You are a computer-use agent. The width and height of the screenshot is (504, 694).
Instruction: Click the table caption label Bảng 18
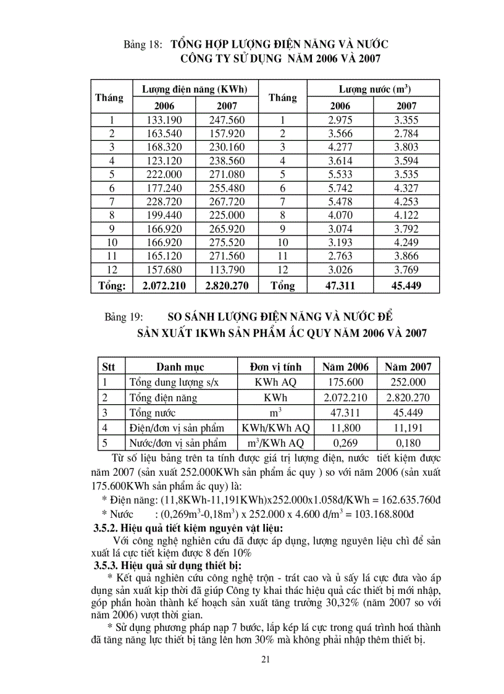click(143, 44)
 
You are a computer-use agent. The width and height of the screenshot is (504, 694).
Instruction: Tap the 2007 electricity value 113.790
click(226, 269)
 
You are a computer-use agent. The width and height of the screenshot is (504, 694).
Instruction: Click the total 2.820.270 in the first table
click(226, 286)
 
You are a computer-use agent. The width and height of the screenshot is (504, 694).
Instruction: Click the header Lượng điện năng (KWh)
click(195, 89)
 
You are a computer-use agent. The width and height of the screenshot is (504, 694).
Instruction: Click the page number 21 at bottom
click(266, 660)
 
